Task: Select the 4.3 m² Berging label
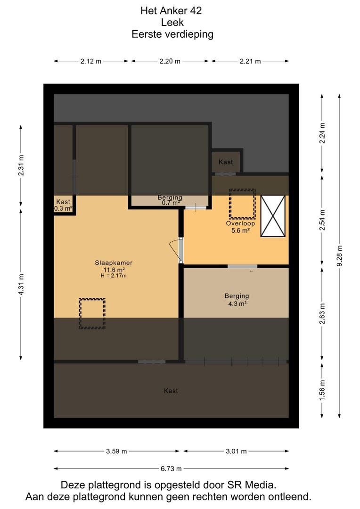pyautogui.click(x=237, y=300)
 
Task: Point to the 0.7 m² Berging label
pyautogui.click(x=170, y=200)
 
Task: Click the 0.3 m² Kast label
pyautogui.click(x=63, y=205)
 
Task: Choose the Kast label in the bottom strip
pyautogui.click(x=171, y=391)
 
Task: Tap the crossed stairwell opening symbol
pyautogui.click(x=273, y=216)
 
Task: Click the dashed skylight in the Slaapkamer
pyautogui.click(x=92, y=313)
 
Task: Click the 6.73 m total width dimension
pyautogui.click(x=171, y=468)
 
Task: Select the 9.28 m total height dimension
pyautogui.click(x=340, y=256)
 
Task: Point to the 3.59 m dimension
pyautogui.click(x=116, y=451)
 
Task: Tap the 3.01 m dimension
pyautogui.click(x=237, y=451)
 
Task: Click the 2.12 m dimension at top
pyautogui.click(x=91, y=61)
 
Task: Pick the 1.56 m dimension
pyautogui.click(x=322, y=390)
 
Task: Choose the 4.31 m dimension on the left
pyautogui.click(x=21, y=284)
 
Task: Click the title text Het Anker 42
pyautogui.click(x=171, y=11)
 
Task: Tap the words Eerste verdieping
pyautogui.click(x=172, y=34)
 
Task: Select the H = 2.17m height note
pyautogui.click(x=114, y=276)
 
